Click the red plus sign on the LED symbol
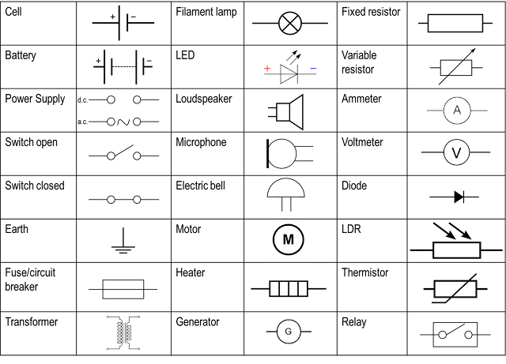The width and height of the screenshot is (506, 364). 267,69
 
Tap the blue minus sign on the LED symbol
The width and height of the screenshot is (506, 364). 313,69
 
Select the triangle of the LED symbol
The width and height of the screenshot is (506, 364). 288,73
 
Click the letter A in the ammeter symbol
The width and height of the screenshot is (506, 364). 456,111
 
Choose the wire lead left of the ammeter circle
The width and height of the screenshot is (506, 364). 434,111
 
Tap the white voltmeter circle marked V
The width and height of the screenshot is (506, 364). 456,152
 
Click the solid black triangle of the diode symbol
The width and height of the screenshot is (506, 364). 459,197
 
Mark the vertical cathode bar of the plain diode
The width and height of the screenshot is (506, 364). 464,197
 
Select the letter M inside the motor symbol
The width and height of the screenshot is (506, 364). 289,239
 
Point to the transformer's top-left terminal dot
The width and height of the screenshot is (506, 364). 108,317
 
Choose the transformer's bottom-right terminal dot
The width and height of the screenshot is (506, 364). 140,347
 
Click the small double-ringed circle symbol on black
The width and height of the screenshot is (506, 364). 289,331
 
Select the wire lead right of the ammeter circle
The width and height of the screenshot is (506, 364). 479,111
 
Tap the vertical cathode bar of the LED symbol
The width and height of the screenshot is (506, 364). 296,73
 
